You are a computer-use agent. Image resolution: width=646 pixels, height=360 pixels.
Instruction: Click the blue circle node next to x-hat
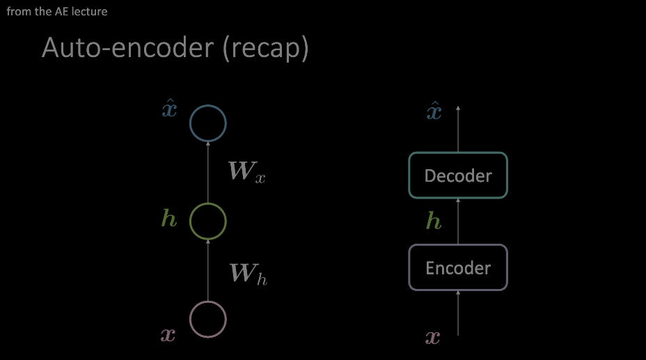click(x=208, y=105)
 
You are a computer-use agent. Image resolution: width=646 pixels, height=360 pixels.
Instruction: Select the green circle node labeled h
click(x=208, y=203)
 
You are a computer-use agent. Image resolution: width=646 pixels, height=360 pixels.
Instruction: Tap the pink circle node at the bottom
click(x=208, y=302)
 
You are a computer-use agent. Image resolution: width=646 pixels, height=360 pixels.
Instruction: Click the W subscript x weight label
click(x=247, y=171)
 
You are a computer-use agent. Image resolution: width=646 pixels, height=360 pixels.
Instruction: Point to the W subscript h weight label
click(x=248, y=274)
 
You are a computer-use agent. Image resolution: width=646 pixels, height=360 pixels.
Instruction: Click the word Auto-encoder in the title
click(x=127, y=47)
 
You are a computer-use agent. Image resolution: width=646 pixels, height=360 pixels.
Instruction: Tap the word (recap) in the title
click(x=266, y=49)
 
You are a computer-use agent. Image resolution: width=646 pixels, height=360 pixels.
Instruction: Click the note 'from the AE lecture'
click(x=57, y=12)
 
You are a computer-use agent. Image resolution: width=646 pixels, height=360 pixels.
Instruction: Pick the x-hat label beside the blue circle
click(x=169, y=109)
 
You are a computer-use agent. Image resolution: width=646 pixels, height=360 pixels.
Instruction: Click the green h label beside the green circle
click(x=169, y=218)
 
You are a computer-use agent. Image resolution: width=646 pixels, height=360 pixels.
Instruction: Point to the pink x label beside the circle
click(x=168, y=335)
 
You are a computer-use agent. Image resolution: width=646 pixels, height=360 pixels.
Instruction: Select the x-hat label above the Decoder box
click(x=434, y=111)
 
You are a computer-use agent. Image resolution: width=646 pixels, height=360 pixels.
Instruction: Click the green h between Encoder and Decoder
click(x=434, y=220)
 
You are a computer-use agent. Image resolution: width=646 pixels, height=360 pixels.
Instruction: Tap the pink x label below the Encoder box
click(x=432, y=338)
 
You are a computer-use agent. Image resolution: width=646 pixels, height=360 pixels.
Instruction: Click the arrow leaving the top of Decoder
click(x=458, y=129)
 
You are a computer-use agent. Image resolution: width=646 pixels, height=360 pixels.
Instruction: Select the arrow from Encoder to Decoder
click(x=458, y=221)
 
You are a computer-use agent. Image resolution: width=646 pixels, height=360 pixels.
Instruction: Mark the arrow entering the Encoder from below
click(x=458, y=313)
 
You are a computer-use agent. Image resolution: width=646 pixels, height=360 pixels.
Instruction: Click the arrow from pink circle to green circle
click(x=208, y=271)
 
